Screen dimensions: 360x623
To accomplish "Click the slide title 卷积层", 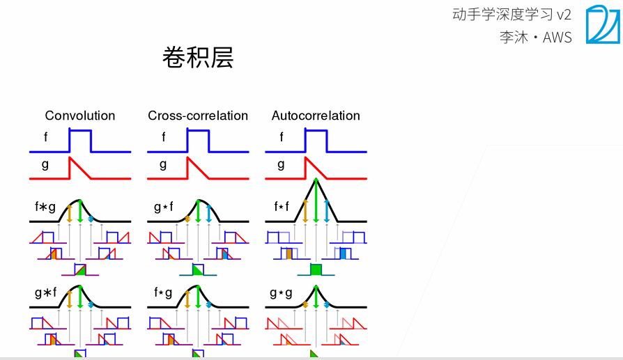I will (197, 58).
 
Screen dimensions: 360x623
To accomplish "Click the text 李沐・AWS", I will (534, 38).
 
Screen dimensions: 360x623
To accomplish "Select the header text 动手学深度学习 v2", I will (511, 15).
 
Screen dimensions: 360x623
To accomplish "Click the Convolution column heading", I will (80, 116).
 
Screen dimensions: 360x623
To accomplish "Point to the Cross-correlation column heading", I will (198, 116).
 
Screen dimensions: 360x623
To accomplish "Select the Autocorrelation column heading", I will (316, 116).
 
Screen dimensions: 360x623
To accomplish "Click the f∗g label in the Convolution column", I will (45, 207).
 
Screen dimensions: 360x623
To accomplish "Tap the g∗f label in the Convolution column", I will (45, 293).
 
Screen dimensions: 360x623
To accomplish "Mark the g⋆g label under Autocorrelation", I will (281, 293).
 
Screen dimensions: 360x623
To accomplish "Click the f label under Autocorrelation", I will (282, 137).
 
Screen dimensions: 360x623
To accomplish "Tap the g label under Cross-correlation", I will (163, 165).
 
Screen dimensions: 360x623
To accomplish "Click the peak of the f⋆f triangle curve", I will (316, 180).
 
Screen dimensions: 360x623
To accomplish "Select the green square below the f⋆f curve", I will (316, 269).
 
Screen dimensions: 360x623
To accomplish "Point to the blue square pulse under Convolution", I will (80, 140).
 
